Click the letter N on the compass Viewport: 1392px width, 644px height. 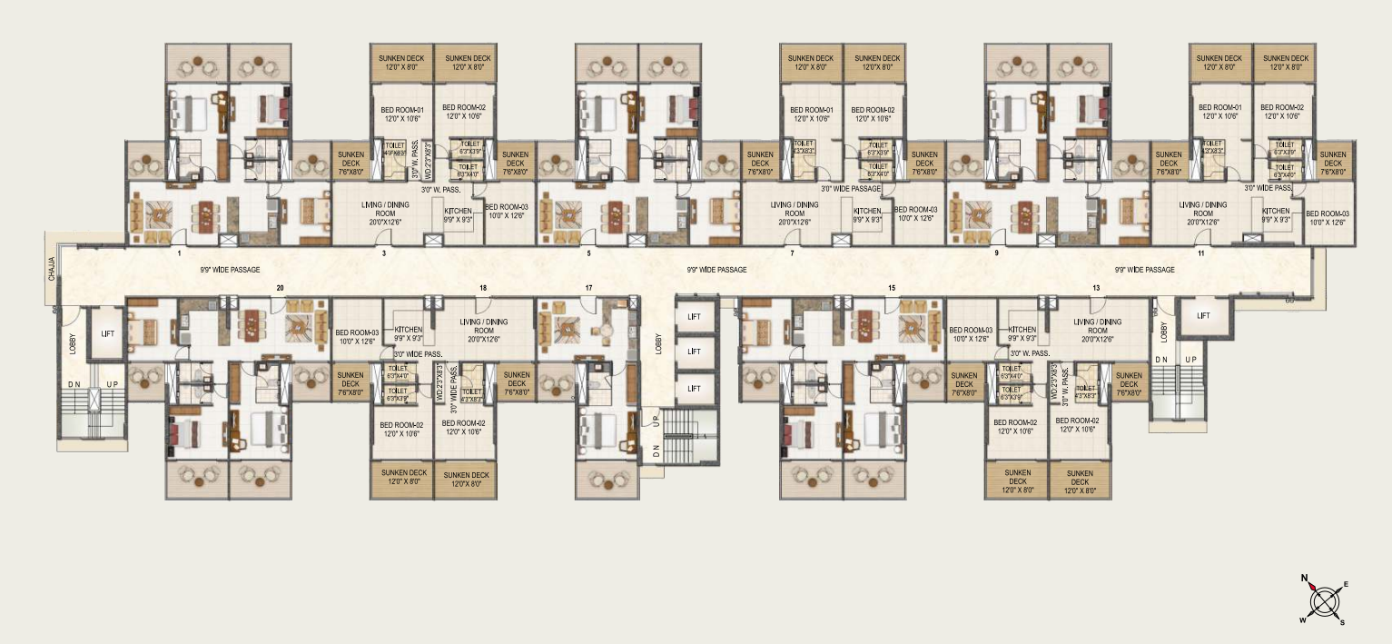[1305, 578]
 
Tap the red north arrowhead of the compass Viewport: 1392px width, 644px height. [1313, 588]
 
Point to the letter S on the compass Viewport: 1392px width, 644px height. [1342, 622]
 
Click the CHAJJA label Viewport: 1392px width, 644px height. [52, 270]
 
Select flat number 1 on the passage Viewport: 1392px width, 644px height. [180, 253]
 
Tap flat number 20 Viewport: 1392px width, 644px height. [280, 288]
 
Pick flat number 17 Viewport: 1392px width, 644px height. [588, 288]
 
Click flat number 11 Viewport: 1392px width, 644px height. [1200, 253]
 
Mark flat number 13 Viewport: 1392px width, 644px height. [1097, 288]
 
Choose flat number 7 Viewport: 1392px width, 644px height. [792, 253]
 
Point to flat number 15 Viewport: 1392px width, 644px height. [892, 288]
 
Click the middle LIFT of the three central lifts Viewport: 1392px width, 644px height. [694, 352]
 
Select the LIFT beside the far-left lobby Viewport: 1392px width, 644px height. [108, 334]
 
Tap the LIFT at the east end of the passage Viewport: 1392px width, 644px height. [1203, 316]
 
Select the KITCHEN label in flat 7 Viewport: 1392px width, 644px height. [866, 210]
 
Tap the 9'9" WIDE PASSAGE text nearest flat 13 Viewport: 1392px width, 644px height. [1144, 270]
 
